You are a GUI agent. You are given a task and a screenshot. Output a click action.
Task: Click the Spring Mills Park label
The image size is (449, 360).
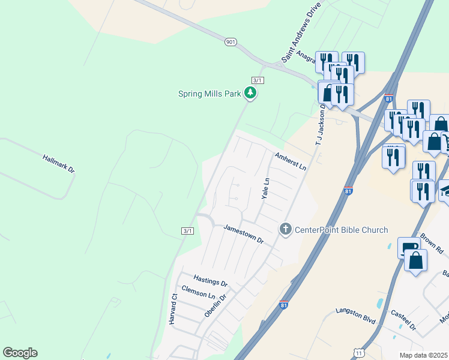click(209, 94)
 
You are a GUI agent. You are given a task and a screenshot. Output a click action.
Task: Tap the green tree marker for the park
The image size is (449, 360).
click(250, 93)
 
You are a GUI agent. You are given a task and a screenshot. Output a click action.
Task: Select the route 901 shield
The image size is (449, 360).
click(231, 42)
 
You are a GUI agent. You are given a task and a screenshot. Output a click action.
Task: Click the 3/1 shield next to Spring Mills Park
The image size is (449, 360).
click(258, 80)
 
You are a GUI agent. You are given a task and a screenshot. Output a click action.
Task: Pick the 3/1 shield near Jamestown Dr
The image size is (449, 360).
click(187, 231)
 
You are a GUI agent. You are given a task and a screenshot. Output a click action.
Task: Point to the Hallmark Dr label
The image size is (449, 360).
click(59, 164)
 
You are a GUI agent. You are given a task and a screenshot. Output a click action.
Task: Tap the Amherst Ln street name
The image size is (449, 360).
click(291, 161)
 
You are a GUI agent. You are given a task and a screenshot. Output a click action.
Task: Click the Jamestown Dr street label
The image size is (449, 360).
click(244, 233)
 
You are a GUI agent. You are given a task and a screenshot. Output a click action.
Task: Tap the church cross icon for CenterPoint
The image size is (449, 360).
click(285, 229)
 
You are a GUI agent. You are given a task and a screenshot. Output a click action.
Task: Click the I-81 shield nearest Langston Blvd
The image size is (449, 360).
click(284, 305)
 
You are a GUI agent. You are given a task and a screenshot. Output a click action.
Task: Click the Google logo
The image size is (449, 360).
click(20, 353)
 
